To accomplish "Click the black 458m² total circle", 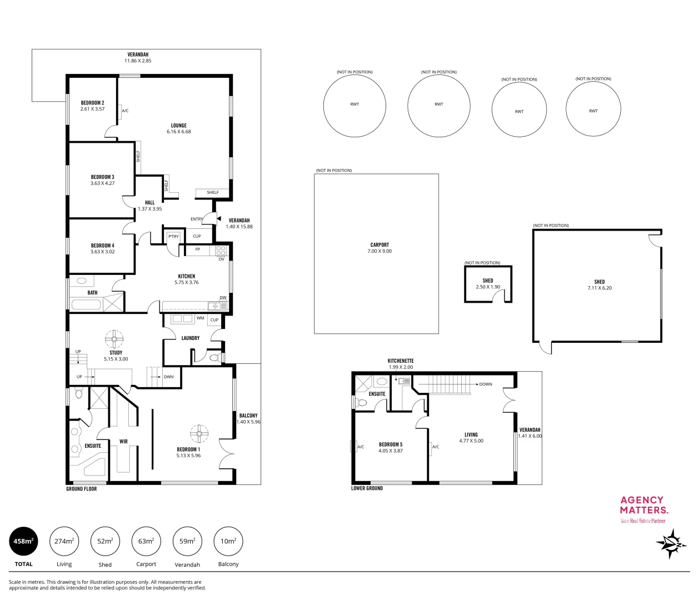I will pos(24,541).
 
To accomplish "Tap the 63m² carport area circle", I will pos(146,541).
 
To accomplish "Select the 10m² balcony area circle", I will pos(228,541).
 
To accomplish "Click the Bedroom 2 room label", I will pos(92,103).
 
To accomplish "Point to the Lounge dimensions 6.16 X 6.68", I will pos(178,132).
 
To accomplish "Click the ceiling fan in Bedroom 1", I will pos(198,433).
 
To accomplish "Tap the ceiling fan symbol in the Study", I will pos(116,338).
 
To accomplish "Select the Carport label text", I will pos(380,244).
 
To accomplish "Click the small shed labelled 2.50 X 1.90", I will pos(488,284).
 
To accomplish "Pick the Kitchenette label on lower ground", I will pos(401,361).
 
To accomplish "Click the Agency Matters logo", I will pos(643,506).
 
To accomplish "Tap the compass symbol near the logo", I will pos(672,543).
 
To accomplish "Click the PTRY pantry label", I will pos(173,237).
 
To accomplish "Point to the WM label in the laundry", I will pos(200,318).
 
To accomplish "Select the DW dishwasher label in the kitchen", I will pos(223,298).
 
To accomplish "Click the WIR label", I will pos(123,442).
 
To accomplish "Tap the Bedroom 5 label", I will pos(390,444).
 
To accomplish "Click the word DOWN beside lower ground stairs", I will pos(485,384).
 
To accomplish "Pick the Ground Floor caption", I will pos(82,489).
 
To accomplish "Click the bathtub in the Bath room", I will pos(86,304).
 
